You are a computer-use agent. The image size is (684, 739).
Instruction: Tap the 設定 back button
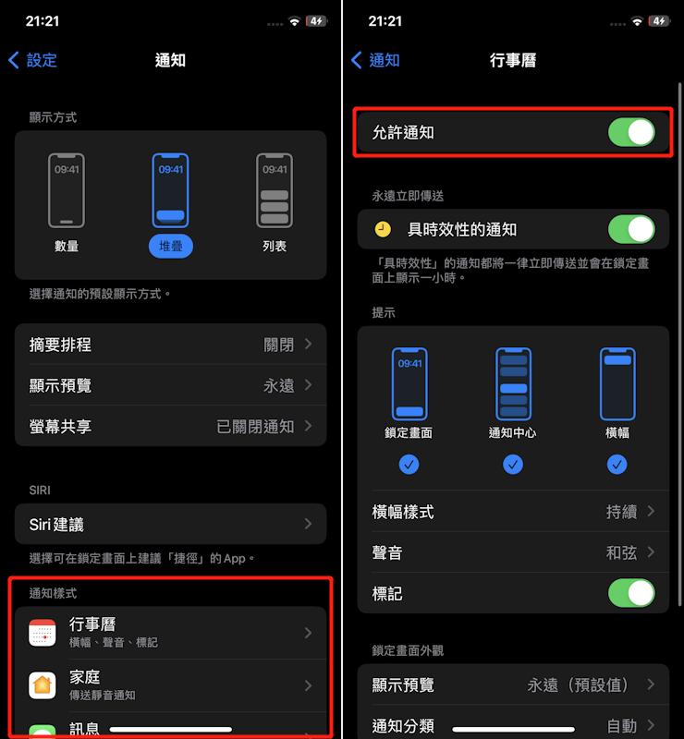click(x=32, y=60)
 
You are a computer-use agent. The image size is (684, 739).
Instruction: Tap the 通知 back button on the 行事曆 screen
click(x=375, y=60)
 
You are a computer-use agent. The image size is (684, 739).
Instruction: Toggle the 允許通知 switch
click(x=631, y=132)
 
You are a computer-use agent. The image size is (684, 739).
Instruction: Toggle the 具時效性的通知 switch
click(x=631, y=229)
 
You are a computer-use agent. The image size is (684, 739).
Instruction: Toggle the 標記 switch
click(x=631, y=593)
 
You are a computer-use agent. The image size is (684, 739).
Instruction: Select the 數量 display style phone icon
click(x=67, y=190)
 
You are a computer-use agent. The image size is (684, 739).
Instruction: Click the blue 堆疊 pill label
click(x=171, y=246)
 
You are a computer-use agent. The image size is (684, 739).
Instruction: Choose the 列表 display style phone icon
click(x=275, y=190)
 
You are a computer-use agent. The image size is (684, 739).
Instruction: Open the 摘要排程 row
click(x=171, y=344)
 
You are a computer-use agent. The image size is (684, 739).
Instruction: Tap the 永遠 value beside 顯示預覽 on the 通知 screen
click(x=279, y=385)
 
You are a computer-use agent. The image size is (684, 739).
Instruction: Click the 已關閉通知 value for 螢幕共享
click(x=255, y=427)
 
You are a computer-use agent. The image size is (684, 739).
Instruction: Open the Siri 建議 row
click(x=171, y=524)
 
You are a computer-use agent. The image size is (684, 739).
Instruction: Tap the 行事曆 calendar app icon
click(x=43, y=633)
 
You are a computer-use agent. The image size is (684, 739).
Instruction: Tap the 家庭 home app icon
click(x=43, y=685)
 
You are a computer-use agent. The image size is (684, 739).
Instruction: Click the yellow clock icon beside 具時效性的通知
click(x=383, y=229)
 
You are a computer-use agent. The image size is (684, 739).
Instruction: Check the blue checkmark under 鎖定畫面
click(x=409, y=465)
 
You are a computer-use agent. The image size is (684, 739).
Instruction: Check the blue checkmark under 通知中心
click(x=513, y=465)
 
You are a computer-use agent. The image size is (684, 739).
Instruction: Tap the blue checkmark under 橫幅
click(x=617, y=465)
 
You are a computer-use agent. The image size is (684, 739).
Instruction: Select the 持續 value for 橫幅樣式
click(x=622, y=512)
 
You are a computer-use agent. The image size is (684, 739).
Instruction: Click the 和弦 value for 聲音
click(x=622, y=552)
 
